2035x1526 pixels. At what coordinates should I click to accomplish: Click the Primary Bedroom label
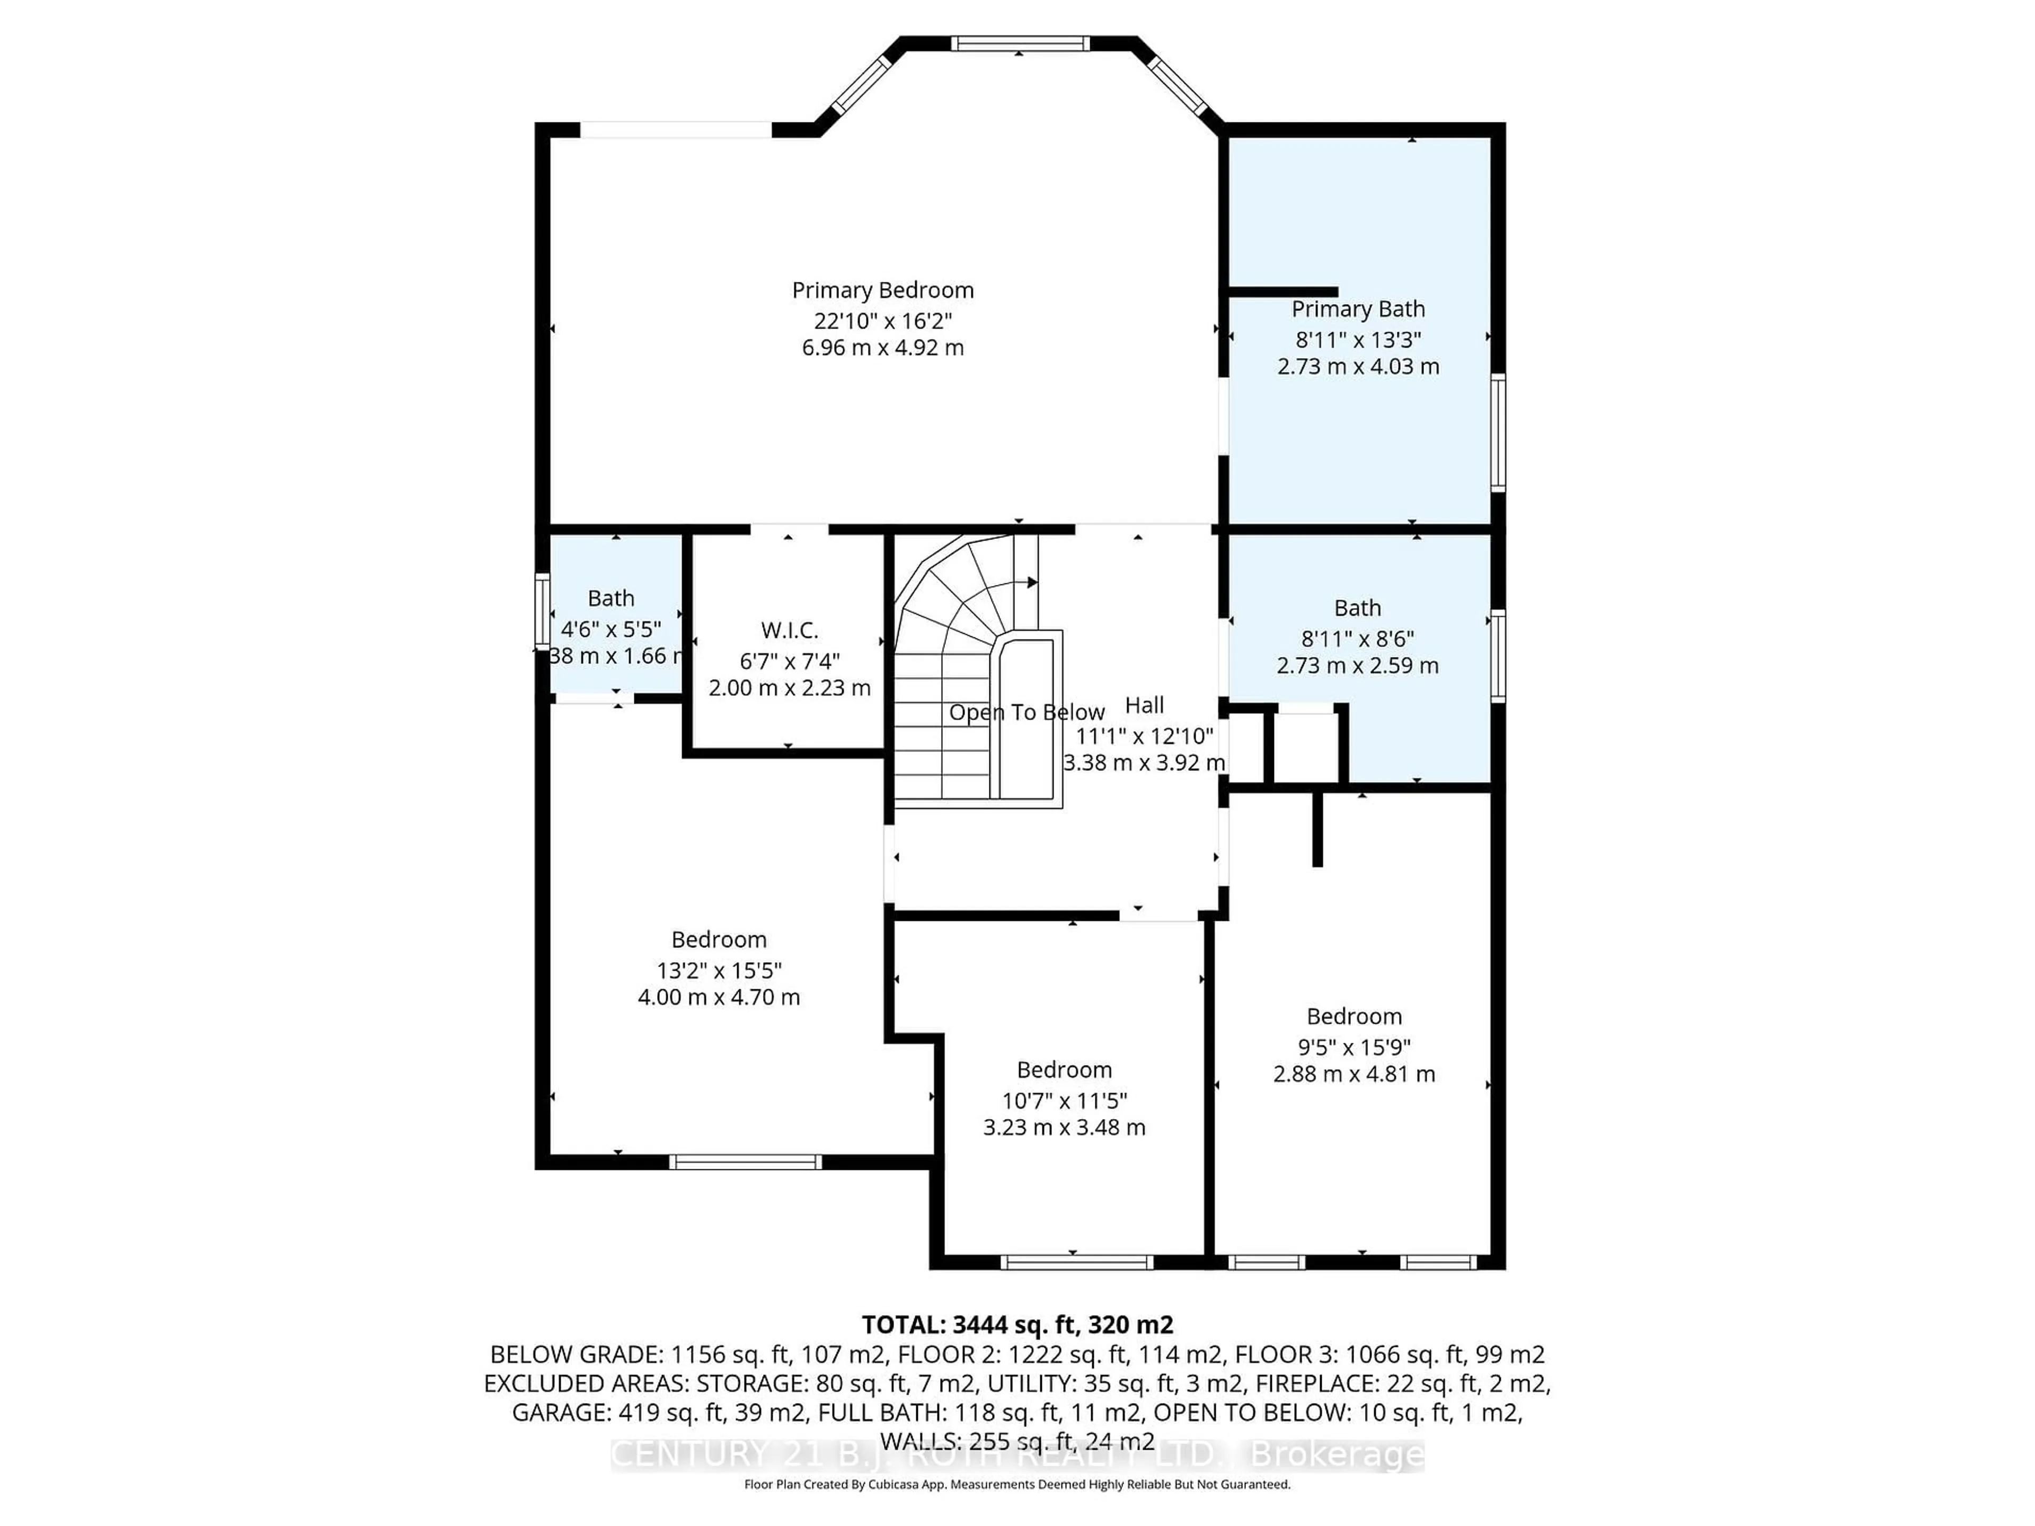pos(882,291)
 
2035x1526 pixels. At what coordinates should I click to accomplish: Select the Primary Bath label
pos(1358,309)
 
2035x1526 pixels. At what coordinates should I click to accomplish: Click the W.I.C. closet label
pos(789,630)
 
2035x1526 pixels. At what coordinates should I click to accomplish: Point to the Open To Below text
pos(1026,712)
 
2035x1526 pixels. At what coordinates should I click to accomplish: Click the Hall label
pos(1145,706)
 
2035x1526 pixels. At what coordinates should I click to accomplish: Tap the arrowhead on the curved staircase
pos(1032,582)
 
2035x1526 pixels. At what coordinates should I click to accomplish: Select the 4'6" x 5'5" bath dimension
pos(611,629)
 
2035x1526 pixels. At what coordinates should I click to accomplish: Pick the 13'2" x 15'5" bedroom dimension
pos(719,970)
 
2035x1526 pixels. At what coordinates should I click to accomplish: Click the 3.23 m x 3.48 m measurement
pos(1065,1128)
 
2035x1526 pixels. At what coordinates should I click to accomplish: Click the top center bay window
pos(1019,43)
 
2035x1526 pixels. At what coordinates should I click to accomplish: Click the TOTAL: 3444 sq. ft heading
pos(1016,1325)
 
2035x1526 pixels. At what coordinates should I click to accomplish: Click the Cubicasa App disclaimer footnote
pos(1016,1484)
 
